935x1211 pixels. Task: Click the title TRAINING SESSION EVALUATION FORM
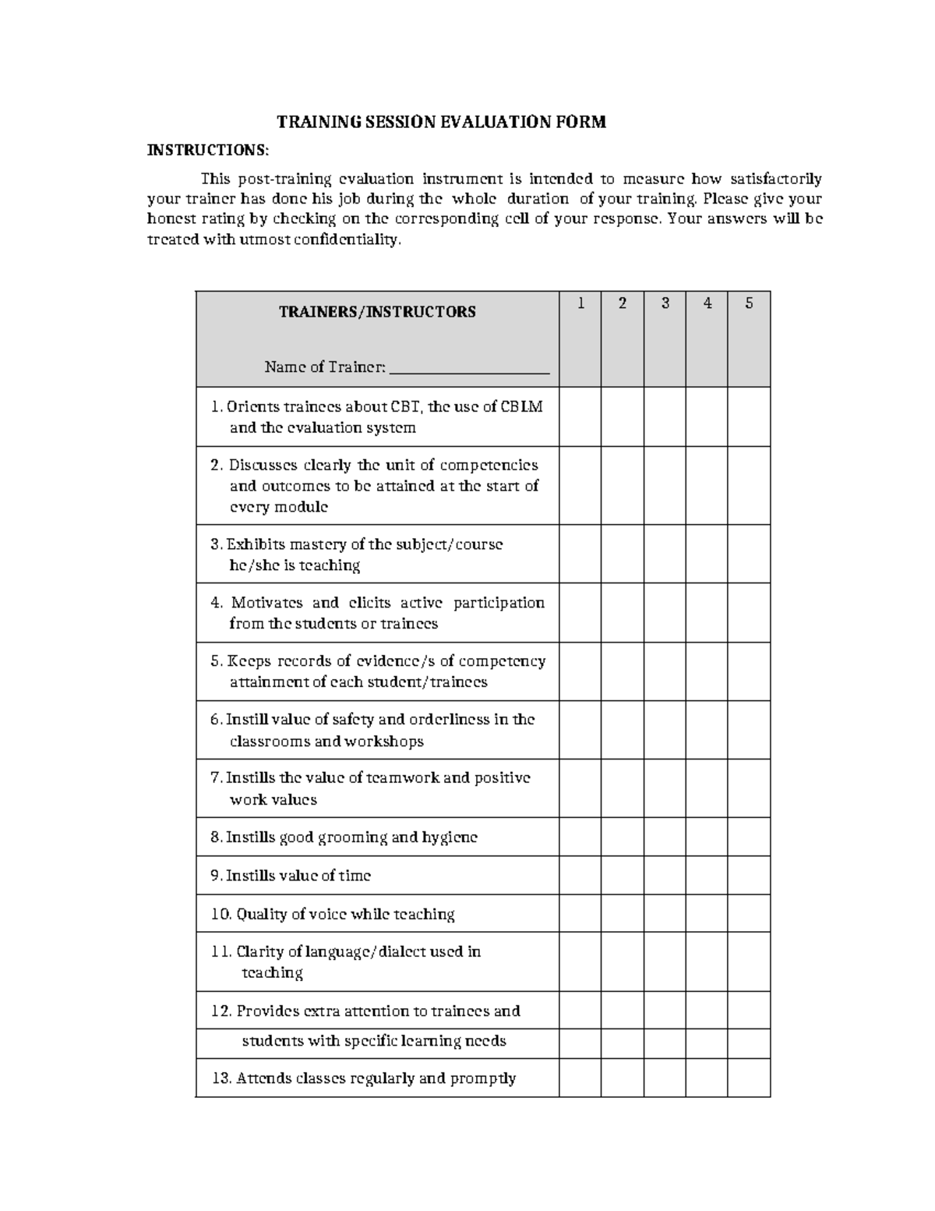click(x=442, y=122)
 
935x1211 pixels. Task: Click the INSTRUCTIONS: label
click(x=210, y=150)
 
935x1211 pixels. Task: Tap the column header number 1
click(x=580, y=303)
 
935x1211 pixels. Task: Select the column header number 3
click(x=665, y=303)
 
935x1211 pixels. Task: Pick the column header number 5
click(x=749, y=303)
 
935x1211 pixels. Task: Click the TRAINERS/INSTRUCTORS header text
click(x=377, y=312)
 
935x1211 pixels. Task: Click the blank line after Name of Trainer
click(x=469, y=368)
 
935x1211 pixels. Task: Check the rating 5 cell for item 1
click(x=749, y=416)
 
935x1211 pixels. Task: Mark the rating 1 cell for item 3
click(x=580, y=554)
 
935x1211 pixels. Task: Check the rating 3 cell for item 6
click(x=665, y=730)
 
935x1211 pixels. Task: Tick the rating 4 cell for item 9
click(x=707, y=875)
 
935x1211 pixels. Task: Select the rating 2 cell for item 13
click(x=623, y=1078)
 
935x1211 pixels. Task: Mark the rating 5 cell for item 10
click(x=749, y=913)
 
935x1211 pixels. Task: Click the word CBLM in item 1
click(x=522, y=406)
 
